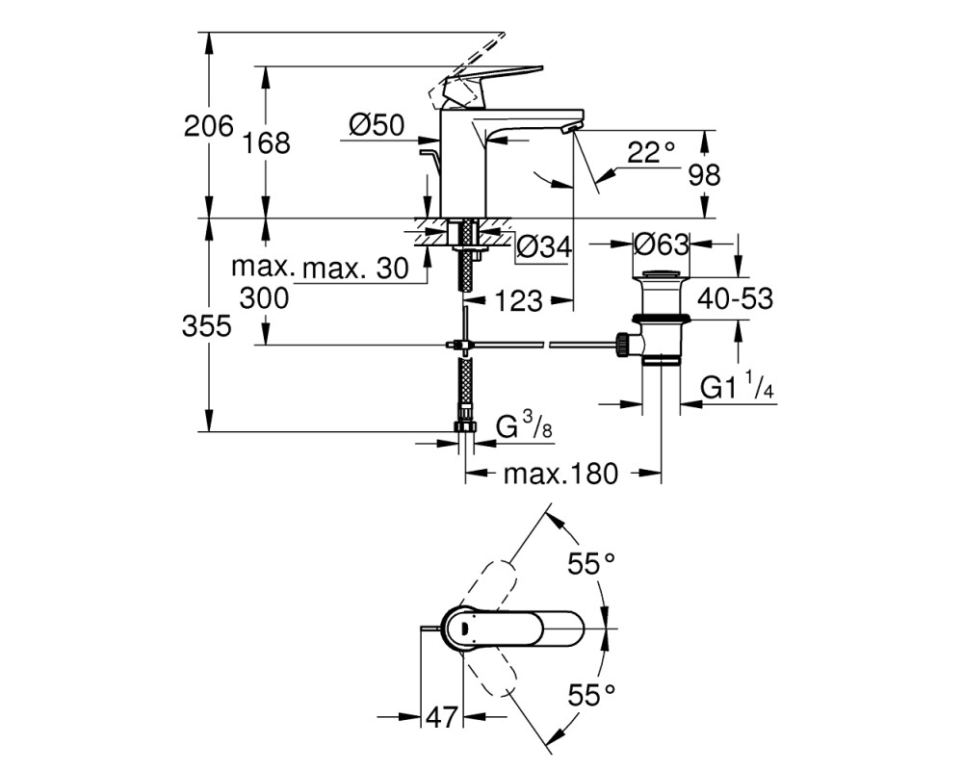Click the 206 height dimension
tap(209, 126)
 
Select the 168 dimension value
tap(266, 143)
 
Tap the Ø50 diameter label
tap(377, 125)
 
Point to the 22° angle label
tap(650, 152)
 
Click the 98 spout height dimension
tap(704, 175)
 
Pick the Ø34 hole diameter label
tap(544, 247)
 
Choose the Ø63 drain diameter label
tap(661, 244)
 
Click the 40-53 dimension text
tap(735, 299)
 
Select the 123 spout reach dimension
tap(518, 301)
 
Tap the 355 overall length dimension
tap(207, 326)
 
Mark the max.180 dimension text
tap(560, 474)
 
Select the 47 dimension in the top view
tap(442, 716)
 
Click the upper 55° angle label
tap(591, 564)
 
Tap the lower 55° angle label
tap(591, 695)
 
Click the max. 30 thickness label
tap(356, 269)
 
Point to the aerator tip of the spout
tap(572, 127)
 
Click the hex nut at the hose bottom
tap(465, 427)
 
